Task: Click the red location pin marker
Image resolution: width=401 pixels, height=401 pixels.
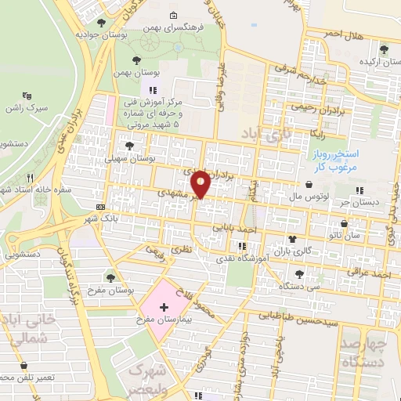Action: point(201,183)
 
